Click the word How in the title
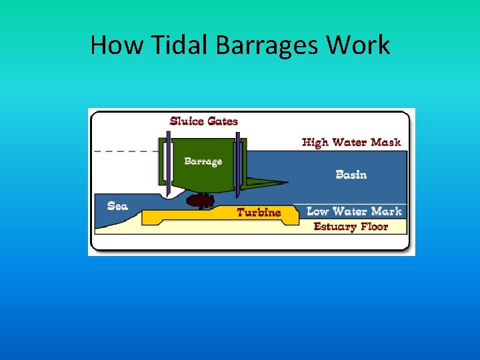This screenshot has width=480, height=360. click(111, 45)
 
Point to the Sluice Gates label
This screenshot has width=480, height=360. click(204, 121)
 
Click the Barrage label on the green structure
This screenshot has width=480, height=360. click(203, 161)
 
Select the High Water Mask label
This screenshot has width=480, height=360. click(351, 142)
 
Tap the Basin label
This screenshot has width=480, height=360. click(351, 175)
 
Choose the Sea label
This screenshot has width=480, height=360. click(117, 206)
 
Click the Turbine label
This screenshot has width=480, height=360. click(259, 212)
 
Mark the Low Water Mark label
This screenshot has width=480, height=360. click(354, 211)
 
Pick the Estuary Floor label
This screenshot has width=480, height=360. click(351, 227)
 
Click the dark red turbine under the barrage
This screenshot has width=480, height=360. click(199, 200)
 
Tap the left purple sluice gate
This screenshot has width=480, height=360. click(169, 163)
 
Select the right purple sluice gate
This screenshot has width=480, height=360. click(237, 163)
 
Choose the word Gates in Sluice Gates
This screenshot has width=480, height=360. click(223, 121)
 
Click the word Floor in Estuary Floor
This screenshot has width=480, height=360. click(373, 227)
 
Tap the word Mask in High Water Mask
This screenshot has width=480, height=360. click(387, 142)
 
